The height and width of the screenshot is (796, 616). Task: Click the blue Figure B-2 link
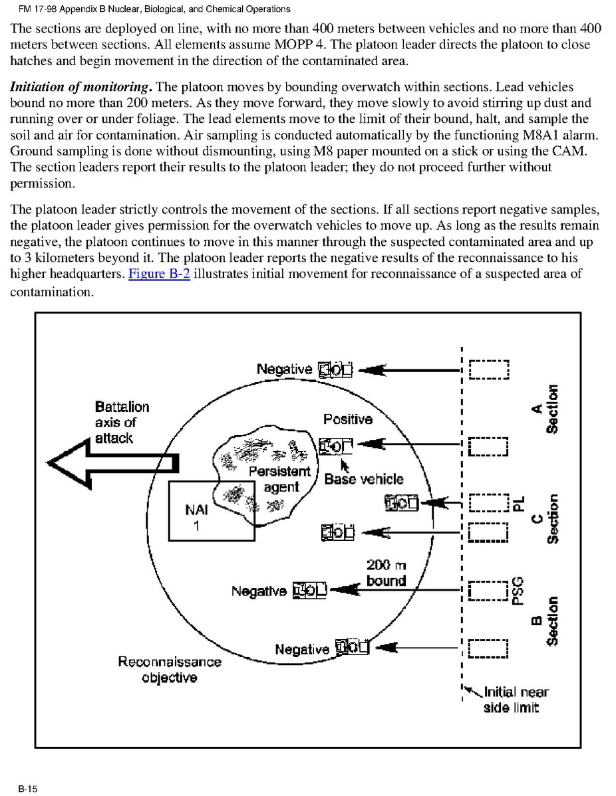pyautogui.click(x=159, y=274)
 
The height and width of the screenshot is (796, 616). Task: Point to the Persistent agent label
pyautogui.click(x=280, y=479)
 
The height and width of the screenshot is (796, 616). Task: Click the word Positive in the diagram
pyautogui.click(x=347, y=419)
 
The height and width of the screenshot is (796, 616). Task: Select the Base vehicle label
pyautogui.click(x=364, y=479)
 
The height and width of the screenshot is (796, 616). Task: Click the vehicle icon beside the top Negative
pyautogui.click(x=335, y=369)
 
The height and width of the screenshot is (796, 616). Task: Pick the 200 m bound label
pyautogui.click(x=386, y=573)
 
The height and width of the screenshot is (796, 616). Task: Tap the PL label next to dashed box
pyautogui.click(x=520, y=503)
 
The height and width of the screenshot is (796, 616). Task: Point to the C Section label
pyautogui.click(x=543, y=519)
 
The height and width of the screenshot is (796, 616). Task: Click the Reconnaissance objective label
pyautogui.click(x=169, y=670)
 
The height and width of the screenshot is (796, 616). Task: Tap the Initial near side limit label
pyautogui.click(x=513, y=700)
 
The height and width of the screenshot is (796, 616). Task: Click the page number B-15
pyautogui.click(x=29, y=789)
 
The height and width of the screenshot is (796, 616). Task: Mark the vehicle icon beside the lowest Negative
pyautogui.click(x=352, y=647)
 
